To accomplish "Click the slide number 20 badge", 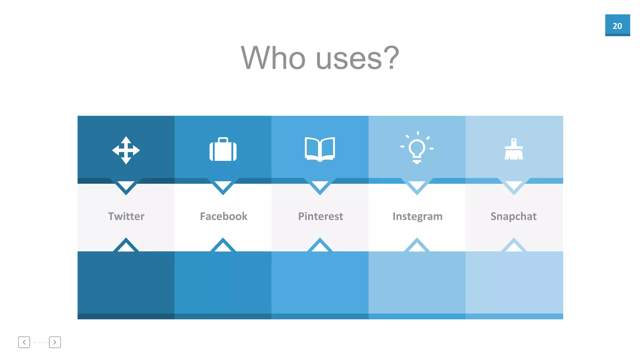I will (x=617, y=25).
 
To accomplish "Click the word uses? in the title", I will (x=357, y=58).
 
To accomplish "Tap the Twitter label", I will (x=126, y=216).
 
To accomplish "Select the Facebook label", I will (x=223, y=216).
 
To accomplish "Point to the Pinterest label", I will (x=320, y=216).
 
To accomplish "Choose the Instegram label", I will (x=417, y=216).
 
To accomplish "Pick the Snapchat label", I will (x=513, y=216).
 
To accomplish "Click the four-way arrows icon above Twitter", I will (x=126, y=150).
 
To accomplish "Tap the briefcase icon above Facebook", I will (x=223, y=150).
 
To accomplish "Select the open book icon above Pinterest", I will (x=320, y=149).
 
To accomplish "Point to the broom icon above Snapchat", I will (x=514, y=149).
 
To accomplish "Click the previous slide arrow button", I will (x=24, y=342).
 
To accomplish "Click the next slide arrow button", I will (x=55, y=342).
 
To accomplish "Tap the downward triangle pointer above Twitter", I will (x=126, y=186).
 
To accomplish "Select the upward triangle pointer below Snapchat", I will (x=514, y=246).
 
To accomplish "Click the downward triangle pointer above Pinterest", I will (x=320, y=186).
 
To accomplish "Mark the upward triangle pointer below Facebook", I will (x=223, y=246).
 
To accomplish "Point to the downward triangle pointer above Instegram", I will (x=417, y=186).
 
